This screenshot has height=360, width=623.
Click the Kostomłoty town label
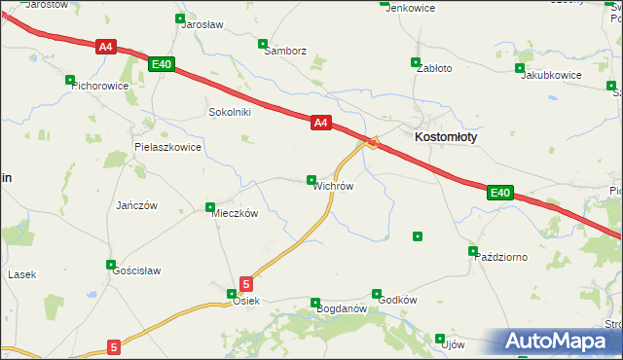446,137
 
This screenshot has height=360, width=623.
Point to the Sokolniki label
230,112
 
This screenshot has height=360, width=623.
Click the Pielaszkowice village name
167,147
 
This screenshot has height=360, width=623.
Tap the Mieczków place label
235,213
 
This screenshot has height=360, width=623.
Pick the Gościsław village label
136,270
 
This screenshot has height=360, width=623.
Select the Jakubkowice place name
551,75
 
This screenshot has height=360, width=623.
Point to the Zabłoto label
433,69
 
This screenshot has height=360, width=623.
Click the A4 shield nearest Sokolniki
322,123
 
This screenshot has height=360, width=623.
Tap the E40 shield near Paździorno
499,194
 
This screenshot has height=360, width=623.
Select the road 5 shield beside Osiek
246,284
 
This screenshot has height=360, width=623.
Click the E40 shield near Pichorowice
162,64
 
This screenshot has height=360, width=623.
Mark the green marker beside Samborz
262,44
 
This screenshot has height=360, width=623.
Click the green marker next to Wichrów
311,179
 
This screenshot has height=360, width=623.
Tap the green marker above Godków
377,293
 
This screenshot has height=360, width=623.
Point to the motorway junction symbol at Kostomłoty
373,143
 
